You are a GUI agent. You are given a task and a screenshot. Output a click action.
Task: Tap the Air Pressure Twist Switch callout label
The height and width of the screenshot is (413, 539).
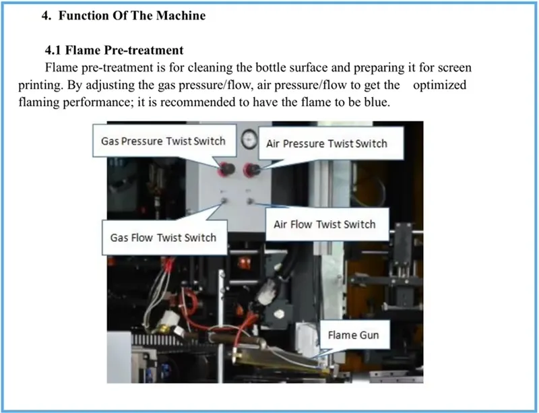coord(326,144)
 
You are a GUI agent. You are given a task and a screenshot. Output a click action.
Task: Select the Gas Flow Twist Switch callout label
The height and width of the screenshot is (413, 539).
coord(163,237)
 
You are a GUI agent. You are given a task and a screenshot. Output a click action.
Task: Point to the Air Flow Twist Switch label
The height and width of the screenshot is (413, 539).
coord(324,224)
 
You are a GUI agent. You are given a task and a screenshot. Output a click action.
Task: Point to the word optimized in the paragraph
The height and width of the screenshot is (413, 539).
coord(439,85)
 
